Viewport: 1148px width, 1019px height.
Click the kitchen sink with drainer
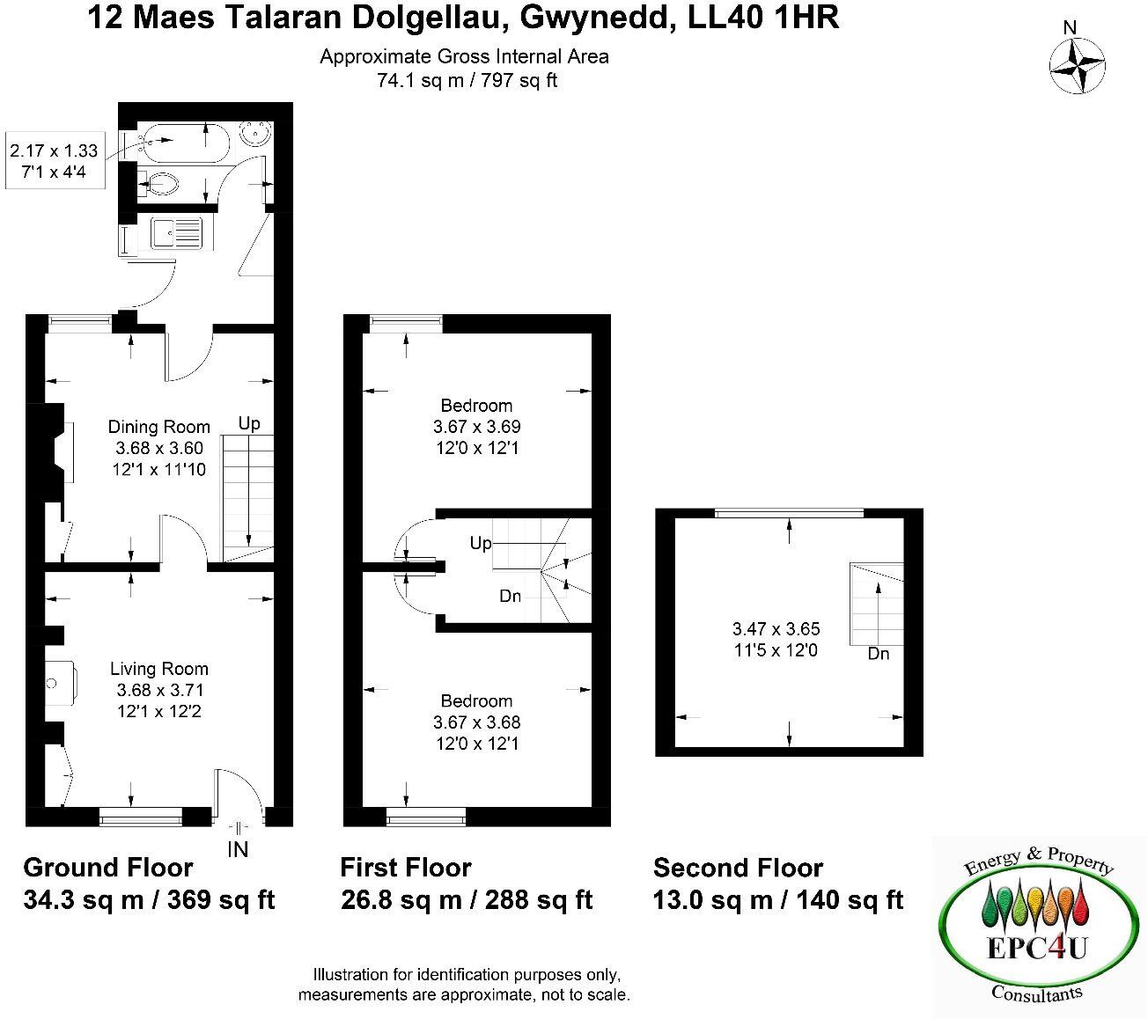pyautogui.click(x=177, y=233)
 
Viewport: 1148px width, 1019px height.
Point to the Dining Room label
pyautogui.click(x=159, y=427)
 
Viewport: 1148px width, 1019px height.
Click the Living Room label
pyautogui.click(x=159, y=669)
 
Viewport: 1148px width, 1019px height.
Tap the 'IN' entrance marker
pyautogui.click(x=238, y=849)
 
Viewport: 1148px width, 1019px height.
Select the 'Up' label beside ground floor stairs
pyautogui.click(x=250, y=423)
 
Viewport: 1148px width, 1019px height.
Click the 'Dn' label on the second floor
pyautogui.click(x=878, y=654)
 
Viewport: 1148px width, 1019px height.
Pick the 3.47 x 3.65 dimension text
pyautogui.click(x=776, y=629)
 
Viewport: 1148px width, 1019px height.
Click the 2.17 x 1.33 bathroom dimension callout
pyautogui.click(x=54, y=150)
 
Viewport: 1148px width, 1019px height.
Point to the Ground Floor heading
pyautogui.click(x=107, y=868)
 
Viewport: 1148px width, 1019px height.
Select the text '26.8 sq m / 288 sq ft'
pyautogui.click(x=466, y=900)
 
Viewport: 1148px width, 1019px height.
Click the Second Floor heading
pyautogui.click(x=738, y=868)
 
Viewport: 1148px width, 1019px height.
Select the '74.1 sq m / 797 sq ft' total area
pyautogui.click(x=467, y=81)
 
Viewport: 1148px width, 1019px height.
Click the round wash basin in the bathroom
pyautogui.click(x=259, y=135)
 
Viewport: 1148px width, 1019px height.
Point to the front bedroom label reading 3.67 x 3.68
pyautogui.click(x=476, y=722)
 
